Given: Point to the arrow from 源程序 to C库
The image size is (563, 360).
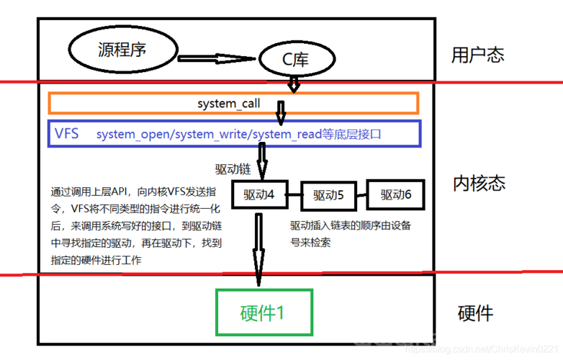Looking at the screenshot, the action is (217, 58).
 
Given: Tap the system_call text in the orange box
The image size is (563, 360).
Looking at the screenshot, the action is (228, 104).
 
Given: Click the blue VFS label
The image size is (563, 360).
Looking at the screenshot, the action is (66, 133).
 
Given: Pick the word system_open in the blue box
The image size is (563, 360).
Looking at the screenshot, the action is (132, 134).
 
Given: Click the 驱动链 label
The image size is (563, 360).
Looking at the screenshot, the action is (233, 169).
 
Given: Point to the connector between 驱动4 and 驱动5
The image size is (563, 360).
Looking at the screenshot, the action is (294, 195).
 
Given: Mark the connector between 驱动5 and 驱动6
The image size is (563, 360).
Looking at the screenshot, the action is (361, 196).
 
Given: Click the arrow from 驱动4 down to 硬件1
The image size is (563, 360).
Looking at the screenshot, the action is (258, 249).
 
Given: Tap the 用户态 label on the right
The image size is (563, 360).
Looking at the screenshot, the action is (477, 55).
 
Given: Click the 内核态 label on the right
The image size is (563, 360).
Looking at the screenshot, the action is (479, 183).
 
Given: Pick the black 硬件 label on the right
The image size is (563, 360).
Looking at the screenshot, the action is (475, 313).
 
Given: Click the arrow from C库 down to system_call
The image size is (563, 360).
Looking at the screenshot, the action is (294, 84).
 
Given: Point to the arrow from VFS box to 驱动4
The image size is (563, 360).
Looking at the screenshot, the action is (262, 161).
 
